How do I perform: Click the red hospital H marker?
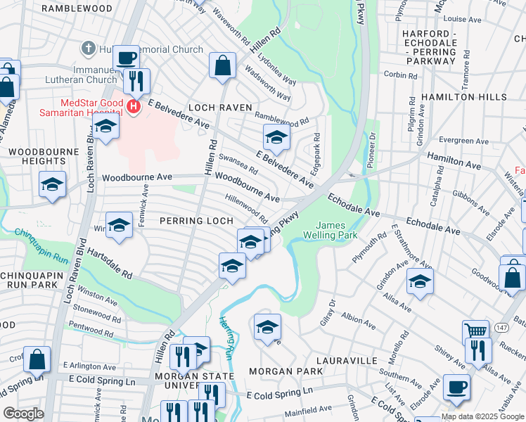134,106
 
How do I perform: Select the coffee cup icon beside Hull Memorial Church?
126,58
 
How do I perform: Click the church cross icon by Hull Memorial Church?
88,49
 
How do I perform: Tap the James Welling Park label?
335,230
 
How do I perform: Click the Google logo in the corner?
23,414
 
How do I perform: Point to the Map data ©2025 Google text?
482,416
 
